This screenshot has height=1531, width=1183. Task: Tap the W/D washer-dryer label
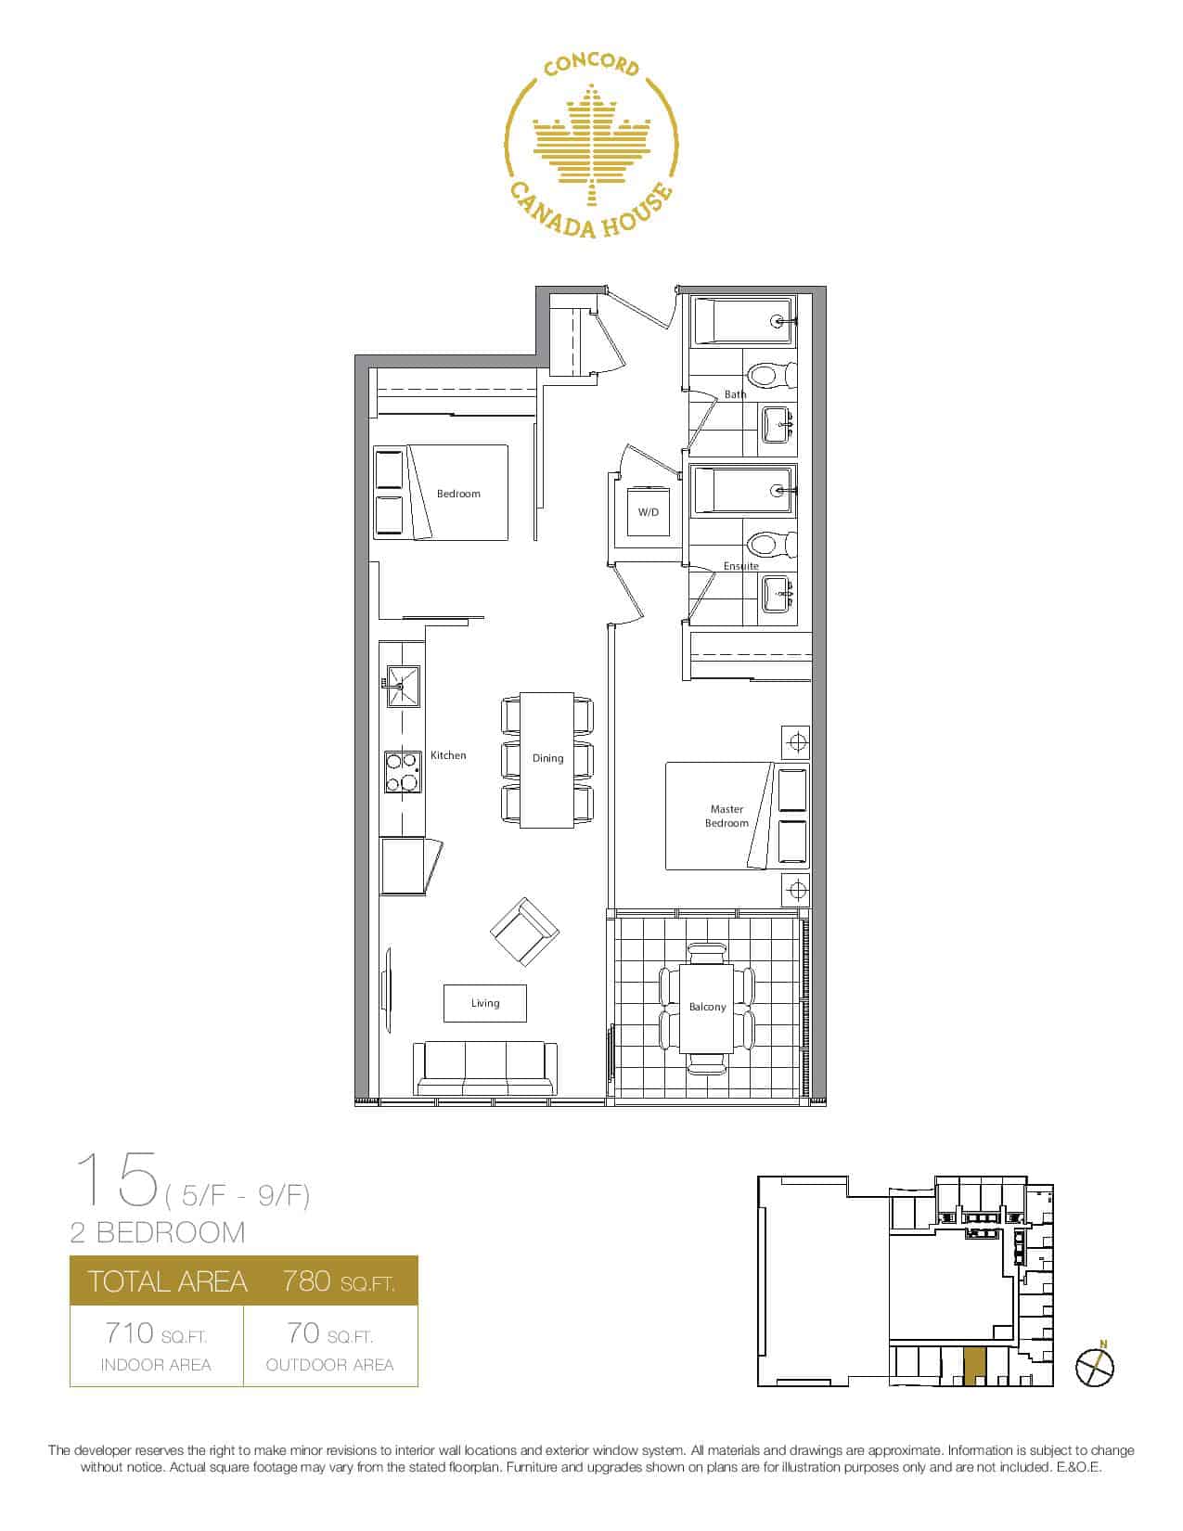pos(649,512)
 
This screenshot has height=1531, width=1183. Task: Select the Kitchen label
pos(448,755)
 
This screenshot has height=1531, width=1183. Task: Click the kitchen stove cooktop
pos(403,772)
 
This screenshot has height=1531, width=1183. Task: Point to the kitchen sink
pos(403,687)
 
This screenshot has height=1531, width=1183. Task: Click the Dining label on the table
pos(547,758)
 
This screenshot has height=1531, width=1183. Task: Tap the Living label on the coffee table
pos(484,1003)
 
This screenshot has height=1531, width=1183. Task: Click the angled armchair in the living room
pos(524,933)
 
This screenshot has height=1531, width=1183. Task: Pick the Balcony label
pos(707,1008)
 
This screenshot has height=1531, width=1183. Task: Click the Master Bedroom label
pos(727,816)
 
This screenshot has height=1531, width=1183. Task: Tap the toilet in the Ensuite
pos(770,544)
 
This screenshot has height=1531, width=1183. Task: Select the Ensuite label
pos(740,566)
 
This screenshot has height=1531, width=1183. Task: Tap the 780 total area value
pos(306,1280)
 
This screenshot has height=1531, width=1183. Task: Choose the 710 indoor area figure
pos(129,1333)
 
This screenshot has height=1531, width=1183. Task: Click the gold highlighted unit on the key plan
pos(974,1368)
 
